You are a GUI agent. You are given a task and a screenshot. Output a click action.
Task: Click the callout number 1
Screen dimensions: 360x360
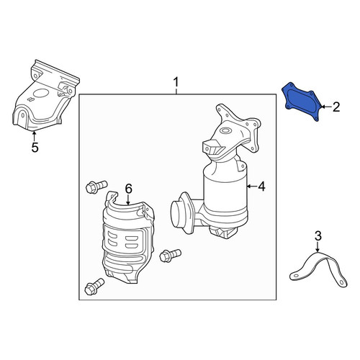coord(176,82)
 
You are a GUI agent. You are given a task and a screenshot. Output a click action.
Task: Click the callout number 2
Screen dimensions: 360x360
coord(336,107)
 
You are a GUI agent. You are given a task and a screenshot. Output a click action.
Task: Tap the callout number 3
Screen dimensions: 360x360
coord(318,236)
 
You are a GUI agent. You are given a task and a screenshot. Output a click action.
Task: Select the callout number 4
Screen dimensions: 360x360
coord(261,186)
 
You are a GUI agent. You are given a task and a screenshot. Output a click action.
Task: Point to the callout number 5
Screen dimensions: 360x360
coord(35,147)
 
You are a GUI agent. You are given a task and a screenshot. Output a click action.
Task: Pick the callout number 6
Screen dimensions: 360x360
coord(129,189)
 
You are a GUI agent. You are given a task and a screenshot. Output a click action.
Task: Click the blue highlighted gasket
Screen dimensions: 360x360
coord(301,102)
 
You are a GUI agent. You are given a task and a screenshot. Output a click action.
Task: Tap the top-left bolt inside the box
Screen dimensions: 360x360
coord(96,186)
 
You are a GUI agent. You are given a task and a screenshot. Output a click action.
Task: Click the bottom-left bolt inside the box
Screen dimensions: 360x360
coord(94,287)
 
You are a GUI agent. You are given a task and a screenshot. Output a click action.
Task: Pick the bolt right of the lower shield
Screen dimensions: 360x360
coord(170,256)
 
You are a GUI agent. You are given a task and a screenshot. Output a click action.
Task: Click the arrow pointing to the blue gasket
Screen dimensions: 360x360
coord(325,107)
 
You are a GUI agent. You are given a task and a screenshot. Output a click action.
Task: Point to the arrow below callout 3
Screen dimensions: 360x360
coord(318,247)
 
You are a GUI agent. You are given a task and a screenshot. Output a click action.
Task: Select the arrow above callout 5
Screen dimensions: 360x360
coord(35,136)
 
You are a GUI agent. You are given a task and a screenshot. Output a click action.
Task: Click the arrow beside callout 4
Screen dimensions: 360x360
coord(252,186)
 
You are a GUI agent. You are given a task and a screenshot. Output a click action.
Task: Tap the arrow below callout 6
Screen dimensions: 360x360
coord(128,199)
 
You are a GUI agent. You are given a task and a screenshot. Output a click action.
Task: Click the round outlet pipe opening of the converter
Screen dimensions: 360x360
coord(178,214)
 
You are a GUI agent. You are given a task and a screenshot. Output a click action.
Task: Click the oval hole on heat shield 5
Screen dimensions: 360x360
coord(41,94)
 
